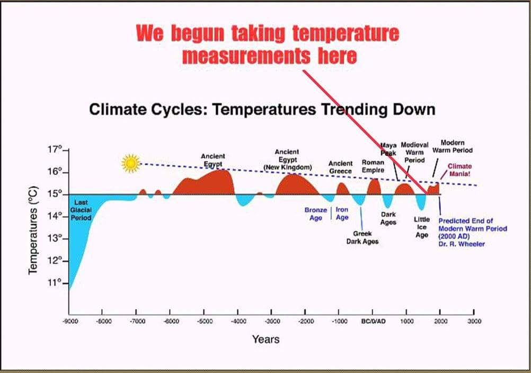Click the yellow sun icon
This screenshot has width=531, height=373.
[130, 163]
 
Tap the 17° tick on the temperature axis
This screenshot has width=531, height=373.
[55, 150]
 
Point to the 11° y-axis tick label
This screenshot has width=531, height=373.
[55, 283]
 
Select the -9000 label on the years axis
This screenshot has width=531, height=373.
[69, 321]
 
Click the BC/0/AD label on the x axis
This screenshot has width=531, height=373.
[373, 321]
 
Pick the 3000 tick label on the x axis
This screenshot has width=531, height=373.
[474, 321]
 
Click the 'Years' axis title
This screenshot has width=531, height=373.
[265, 339]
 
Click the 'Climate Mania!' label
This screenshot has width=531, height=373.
[459, 170]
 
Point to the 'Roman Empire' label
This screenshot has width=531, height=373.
[373, 166]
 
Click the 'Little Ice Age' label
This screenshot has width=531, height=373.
[421, 227]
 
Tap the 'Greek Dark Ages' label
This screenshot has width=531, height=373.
[362, 237]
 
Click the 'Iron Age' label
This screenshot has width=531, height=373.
[342, 214]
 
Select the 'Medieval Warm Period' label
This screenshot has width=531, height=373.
[414, 152]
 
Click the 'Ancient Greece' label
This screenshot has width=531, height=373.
[340, 167]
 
